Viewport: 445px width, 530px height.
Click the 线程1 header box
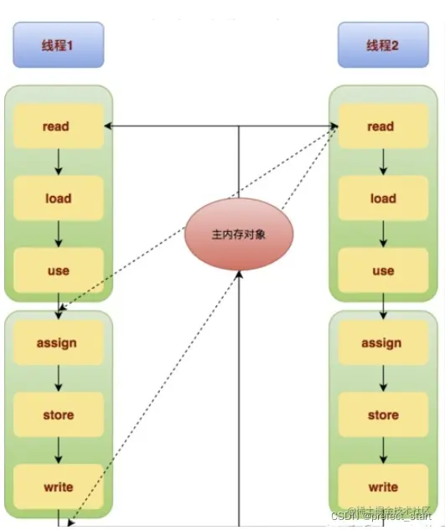(x=58, y=45)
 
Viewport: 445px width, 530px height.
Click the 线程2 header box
(x=383, y=45)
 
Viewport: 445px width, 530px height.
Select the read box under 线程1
(x=57, y=127)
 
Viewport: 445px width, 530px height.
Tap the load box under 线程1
(x=57, y=198)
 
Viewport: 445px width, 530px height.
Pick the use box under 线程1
(x=57, y=270)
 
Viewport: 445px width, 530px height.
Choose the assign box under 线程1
(x=57, y=342)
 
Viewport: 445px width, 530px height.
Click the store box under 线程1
(x=57, y=414)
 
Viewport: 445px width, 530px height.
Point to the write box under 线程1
(x=57, y=486)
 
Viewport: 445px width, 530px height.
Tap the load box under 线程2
(x=382, y=198)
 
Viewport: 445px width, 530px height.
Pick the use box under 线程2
(x=382, y=270)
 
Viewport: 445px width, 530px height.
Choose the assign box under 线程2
(x=382, y=342)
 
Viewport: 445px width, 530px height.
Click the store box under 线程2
(x=382, y=414)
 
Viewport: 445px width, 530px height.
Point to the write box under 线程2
(x=382, y=486)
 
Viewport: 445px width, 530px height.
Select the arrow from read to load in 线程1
(x=58, y=162)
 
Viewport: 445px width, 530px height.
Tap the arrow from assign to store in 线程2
(x=383, y=378)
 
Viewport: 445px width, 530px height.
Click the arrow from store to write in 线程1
(x=58, y=450)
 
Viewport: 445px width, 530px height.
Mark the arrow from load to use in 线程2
(x=383, y=234)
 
